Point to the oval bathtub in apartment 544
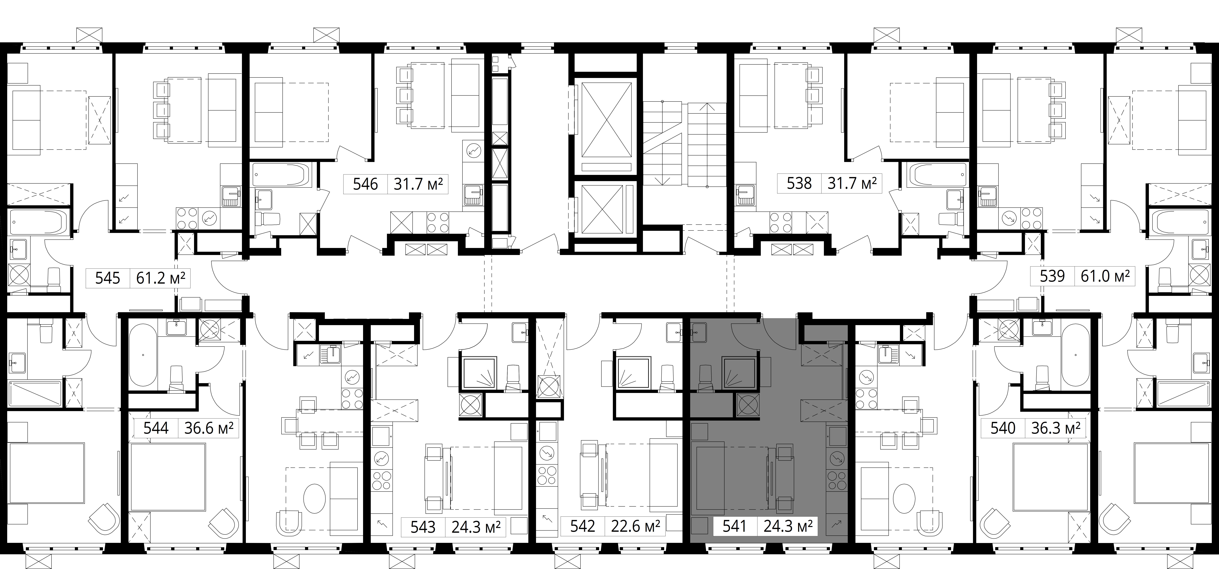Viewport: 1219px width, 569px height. click(142, 355)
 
